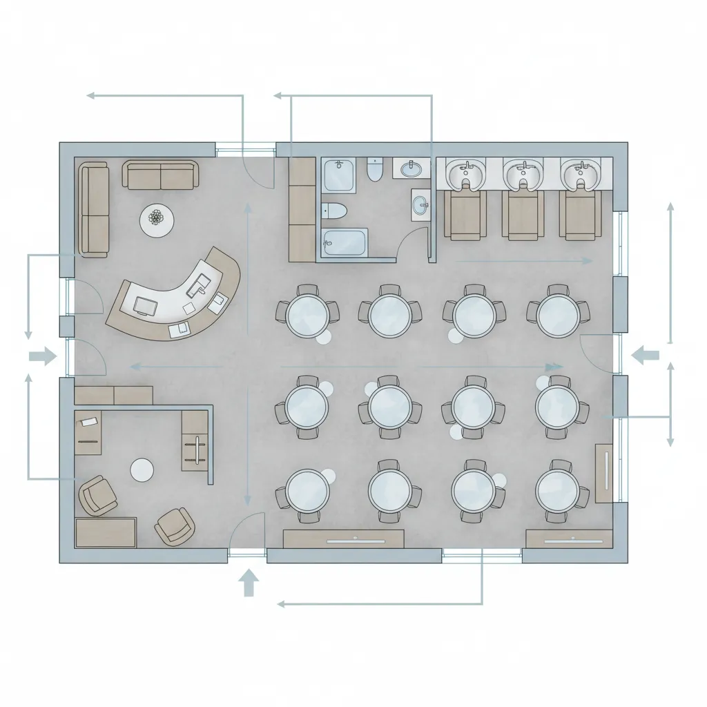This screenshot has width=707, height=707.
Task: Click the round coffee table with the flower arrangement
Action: [157, 220]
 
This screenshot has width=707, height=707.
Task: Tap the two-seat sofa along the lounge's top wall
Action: [161, 175]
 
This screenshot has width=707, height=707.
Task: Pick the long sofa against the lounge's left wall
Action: [94, 210]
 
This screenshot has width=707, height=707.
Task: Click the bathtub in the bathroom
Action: [345, 242]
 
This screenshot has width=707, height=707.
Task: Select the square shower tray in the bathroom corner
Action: [338, 175]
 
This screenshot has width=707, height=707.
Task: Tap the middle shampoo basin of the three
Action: [523, 175]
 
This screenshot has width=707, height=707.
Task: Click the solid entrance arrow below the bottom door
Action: [248, 583]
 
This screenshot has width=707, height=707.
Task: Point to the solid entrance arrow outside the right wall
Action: [646, 356]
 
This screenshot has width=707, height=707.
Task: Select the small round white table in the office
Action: [142, 470]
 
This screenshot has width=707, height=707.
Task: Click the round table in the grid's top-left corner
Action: [307, 314]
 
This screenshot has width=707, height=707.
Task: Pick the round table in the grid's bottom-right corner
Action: [557, 488]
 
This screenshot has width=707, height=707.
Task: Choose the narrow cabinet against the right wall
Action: [603, 473]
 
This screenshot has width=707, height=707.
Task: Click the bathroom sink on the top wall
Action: [413, 168]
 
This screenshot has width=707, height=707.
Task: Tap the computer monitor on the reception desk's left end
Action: [146, 304]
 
